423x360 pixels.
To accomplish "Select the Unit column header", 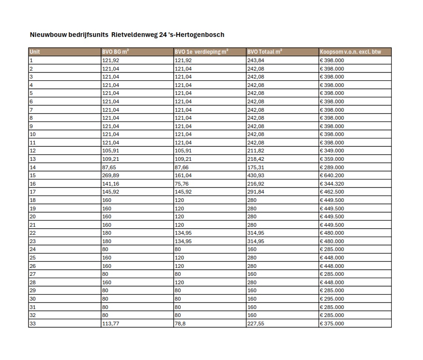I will coord(35,52).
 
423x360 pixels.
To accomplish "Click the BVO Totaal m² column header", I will coord(264,52).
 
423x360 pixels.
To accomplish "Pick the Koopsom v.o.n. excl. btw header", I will coord(350,52).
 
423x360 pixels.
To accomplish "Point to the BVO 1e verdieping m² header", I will coord(201,52).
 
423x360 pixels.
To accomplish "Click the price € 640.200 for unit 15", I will coord(332,175).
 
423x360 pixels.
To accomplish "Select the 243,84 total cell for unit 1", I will coord(255,60).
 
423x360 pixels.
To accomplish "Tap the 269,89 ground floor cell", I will coord(111,175).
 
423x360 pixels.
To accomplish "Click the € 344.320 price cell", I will coord(332,184).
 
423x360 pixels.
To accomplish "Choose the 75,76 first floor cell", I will coord(182,184).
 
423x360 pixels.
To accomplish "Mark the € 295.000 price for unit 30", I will coord(332,299).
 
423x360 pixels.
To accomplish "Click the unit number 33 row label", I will coord(33,324).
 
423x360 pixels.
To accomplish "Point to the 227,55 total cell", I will coord(255,324).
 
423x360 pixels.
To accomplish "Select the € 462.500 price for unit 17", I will coord(332,192).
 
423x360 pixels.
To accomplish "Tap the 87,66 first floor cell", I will coord(182,167).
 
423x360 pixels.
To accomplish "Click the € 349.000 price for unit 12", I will coord(332,151).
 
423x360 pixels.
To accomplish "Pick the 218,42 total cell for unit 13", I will coord(255,159).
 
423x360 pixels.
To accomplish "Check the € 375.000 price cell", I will coord(332,324).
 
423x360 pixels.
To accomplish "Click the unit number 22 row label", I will coord(33,233).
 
